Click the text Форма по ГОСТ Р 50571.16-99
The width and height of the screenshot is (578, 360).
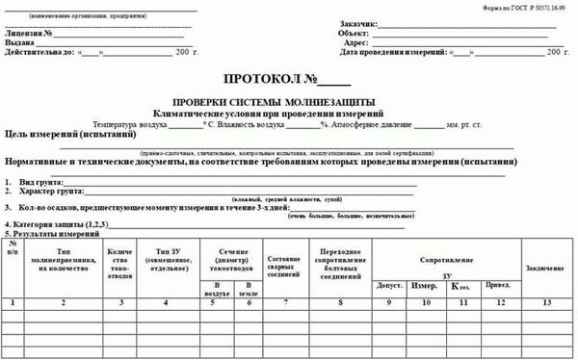(x=526, y=7)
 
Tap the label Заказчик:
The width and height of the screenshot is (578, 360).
(x=358, y=24)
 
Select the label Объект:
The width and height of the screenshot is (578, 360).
(x=355, y=34)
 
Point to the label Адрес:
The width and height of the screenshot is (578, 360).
(x=355, y=44)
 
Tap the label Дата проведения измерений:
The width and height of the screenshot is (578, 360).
(x=395, y=55)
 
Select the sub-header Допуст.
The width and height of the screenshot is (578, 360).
(x=390, y=287)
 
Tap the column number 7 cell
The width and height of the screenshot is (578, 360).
(x=285, y=303)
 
